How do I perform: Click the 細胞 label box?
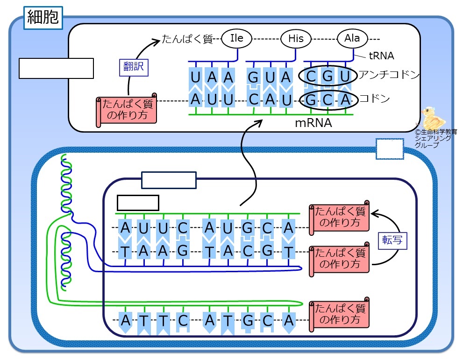click(43, 18)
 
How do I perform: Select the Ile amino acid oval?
click(236, 38)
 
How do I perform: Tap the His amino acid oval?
click(296, 38)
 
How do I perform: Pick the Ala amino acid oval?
click(352, 38)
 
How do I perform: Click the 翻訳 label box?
click(134, 68)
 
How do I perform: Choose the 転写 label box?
click(392, 241)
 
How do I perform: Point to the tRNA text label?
click(382, 56)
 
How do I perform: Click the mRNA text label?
click(313, 123)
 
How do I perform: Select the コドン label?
click(374, 98)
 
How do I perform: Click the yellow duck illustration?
click(433, 117)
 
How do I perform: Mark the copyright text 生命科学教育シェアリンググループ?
click(435, 138)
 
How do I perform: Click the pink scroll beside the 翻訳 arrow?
click(127, 110)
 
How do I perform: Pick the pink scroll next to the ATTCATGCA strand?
click(339, 315)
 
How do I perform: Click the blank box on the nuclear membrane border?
click(390, 149)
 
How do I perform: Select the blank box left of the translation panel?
click(57, 69)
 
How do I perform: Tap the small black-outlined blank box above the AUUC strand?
click(138, 203)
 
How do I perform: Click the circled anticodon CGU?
click(328, 76)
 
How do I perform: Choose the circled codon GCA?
click(328, 100)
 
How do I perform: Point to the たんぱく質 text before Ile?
click(187, 39)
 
